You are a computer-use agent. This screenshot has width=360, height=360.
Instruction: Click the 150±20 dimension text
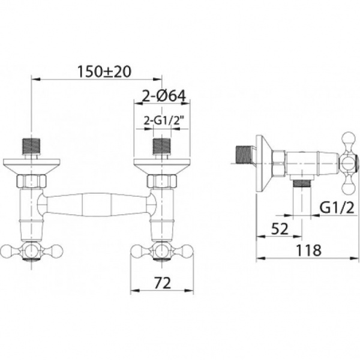[104, 71]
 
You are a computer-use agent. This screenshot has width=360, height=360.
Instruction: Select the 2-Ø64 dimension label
[163, 96]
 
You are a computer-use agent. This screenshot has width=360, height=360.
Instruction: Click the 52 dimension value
[280, 229]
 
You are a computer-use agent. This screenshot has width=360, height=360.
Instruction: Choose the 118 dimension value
[308, 250]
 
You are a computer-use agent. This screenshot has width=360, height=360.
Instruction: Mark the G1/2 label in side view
[337, 208]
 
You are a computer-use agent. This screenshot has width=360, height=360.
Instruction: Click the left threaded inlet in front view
[32, 147]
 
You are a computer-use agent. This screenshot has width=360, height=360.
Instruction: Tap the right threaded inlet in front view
[162, 147]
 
